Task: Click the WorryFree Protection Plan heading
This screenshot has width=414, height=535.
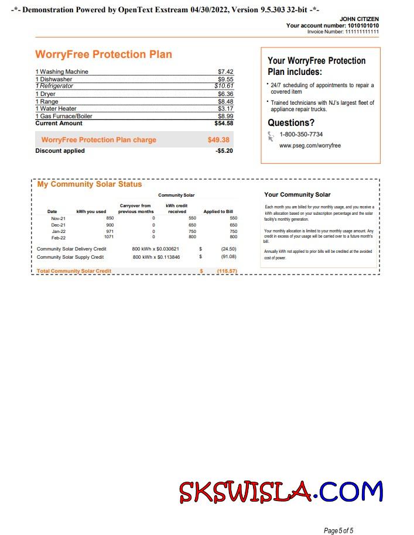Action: [104, 54]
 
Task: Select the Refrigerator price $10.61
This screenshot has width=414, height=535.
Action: [224, 85]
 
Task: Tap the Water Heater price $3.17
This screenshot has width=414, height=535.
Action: [225, 108]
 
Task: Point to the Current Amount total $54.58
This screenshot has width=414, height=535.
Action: [224, 124]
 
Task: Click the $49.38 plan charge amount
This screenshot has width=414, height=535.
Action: [218, 140]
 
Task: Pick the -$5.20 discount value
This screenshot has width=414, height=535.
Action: [224, 151]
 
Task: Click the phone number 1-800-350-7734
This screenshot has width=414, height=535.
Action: [301, 135]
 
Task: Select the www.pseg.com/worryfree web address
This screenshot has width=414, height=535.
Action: [310, 145]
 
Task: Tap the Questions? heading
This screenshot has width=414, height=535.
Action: [291, 123]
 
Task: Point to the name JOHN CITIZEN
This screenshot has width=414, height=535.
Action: [359, 19]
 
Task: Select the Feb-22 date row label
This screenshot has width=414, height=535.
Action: [58, 238]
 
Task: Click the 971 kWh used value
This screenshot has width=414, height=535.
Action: [109, 231]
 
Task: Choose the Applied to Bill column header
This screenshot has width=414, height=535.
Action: [218, 211]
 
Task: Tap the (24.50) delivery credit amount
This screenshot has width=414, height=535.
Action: [228, 249]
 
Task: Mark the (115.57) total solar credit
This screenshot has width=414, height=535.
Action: [227, 271]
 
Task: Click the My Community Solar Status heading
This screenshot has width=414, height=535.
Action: [90, 184]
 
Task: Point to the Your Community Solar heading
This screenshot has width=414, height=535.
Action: [297, 195]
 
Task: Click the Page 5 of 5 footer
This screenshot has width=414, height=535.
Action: [338, 531]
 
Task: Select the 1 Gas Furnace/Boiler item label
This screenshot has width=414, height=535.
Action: [64, 116]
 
